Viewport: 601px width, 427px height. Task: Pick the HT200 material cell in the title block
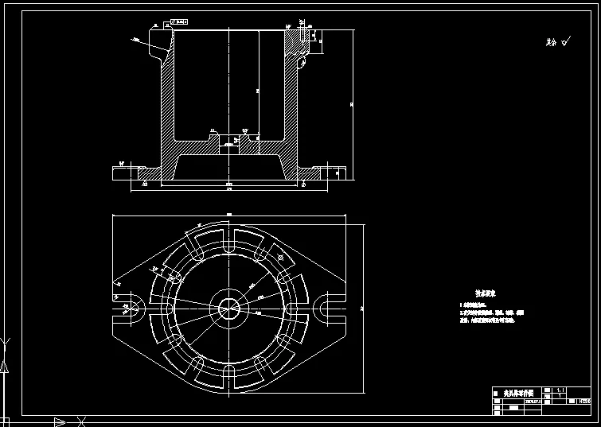584,402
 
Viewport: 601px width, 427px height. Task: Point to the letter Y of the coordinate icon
6,344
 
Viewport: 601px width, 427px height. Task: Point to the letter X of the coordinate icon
80,421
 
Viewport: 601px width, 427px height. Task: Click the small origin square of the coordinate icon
6,419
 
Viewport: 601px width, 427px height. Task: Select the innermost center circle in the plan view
229,306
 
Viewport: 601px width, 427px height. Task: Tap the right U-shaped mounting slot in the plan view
329,306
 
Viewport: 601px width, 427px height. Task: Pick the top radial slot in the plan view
229,241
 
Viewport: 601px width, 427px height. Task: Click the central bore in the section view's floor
229,142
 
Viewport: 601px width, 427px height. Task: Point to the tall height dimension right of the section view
351,103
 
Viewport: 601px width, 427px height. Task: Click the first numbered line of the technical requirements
478,305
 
